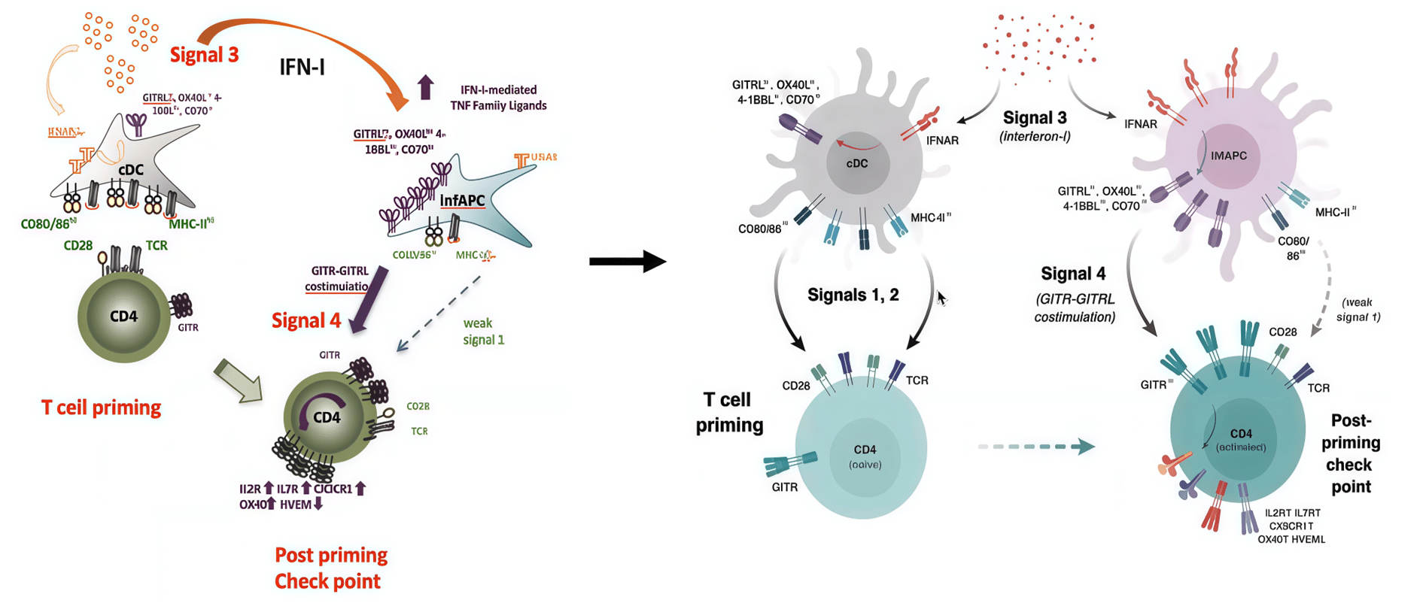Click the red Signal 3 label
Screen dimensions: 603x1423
204,55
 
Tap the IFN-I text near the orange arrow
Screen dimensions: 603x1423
302,68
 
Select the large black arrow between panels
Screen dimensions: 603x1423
627,262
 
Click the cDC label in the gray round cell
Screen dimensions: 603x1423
857,164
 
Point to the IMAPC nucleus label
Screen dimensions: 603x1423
1228,156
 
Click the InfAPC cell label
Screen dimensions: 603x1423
462,201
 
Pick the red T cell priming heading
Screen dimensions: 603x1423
101,408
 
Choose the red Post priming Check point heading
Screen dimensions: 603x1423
330,568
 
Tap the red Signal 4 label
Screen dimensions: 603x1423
306,321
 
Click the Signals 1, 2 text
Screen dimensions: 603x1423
853,295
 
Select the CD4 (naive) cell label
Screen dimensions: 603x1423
865,456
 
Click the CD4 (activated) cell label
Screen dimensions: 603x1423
1241,440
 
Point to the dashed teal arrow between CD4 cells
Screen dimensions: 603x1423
1036,447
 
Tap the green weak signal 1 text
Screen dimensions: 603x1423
482,332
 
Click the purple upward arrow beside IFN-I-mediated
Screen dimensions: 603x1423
426,87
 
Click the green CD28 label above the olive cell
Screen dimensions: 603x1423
78,245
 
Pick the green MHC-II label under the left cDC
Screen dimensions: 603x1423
191,223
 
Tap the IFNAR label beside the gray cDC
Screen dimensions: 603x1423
942,141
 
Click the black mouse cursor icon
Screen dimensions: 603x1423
941,298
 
